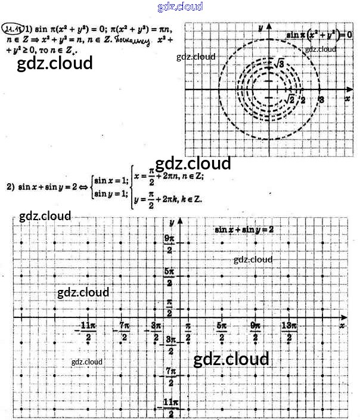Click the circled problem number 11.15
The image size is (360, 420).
[x=13, y=28]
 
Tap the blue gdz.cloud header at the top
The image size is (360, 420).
[x=180, y=7]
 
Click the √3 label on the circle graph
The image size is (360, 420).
[x=278, y=64]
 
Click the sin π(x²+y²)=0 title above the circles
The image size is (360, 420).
[x=318, y=35]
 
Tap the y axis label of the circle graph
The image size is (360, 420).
[x=261, y=27]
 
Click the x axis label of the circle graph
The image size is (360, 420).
[x=347, y=97]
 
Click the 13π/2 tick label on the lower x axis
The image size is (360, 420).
[x=289, y=333]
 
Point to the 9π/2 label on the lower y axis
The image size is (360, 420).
[x=169, y=244]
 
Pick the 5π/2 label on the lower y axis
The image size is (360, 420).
[x=169, y=276]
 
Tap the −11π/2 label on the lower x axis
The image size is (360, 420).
[x=87, y=333]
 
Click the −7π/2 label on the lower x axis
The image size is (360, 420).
[x=124, y=333]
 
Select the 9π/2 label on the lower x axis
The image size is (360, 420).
[x=255, y=333]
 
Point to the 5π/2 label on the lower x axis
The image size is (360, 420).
[x=222, y=333]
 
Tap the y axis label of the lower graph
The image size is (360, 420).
[x=171, y=221]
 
